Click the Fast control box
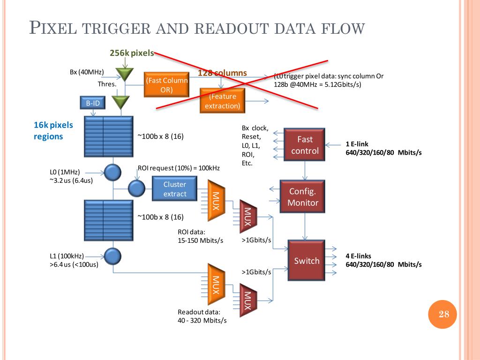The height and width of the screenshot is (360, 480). coord(305,145)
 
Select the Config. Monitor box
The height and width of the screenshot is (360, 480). coord(303,197)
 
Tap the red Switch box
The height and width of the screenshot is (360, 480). coord(307,261)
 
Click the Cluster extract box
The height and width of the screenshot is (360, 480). coord(175,189)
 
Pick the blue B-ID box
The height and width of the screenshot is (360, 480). coord(92,103)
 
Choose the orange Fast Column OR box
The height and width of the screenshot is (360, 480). coord(167,85)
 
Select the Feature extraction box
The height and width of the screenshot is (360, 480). coord(222,101)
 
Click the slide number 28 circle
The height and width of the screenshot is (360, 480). coord(443,314)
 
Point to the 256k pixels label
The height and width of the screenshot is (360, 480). coord(131,53)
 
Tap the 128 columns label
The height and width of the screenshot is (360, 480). coord(222,73)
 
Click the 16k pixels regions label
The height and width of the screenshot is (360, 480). coord(53,131)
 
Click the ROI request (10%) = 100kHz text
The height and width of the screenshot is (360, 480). coord(179,168)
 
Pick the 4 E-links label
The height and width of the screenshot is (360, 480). coord(358,256)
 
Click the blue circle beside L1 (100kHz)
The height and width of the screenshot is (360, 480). coord(112,256)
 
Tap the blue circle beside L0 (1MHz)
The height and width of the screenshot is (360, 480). coord(112,172)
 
